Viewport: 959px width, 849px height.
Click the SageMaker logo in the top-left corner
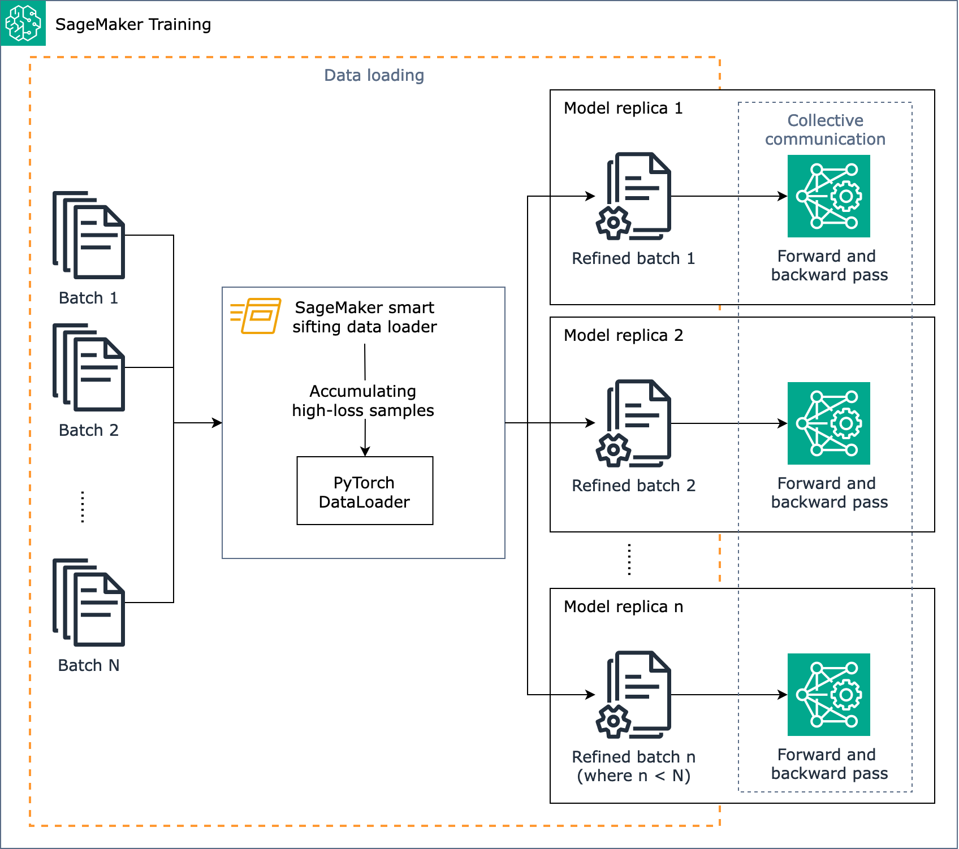pos(23,23)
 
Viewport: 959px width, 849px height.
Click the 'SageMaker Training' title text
pos(133,24)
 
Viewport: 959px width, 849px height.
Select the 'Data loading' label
pos(374,75)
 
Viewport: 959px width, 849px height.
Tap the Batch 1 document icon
pos(89,235)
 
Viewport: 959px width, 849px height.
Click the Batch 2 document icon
pos(89,367)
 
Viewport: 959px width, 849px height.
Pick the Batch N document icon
pos(89,603)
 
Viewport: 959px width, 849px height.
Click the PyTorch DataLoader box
pos(365,491)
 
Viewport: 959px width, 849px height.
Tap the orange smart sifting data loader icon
pos(256,316)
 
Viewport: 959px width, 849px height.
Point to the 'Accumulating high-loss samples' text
pos(363,401)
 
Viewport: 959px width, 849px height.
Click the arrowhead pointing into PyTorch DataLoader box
pos(365,452)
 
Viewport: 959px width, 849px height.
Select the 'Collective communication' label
pos(825,129)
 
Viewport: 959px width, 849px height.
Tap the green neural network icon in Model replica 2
pos(828,423)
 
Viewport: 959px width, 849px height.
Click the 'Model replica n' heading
pos(623,607)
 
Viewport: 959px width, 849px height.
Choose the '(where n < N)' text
pos(633,776)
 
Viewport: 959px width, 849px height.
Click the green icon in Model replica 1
pos(828,196)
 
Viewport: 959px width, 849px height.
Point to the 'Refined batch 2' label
pos(633,486)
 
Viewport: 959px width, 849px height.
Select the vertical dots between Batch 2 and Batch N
pos(83,506)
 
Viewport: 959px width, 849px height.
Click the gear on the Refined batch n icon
pos(613,721)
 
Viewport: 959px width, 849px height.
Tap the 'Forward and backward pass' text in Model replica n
pos(829,764)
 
